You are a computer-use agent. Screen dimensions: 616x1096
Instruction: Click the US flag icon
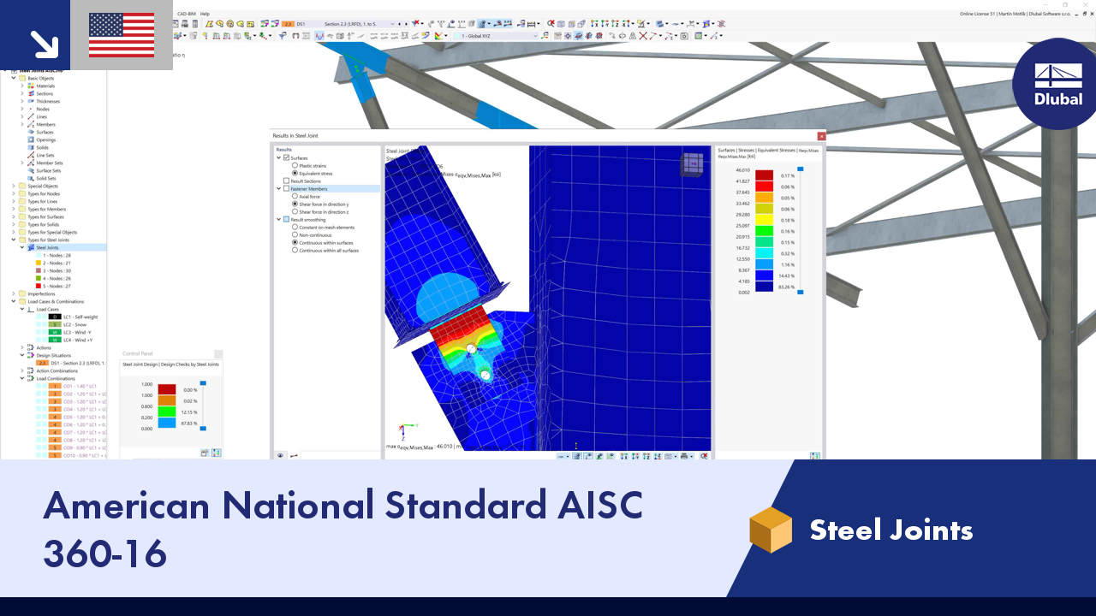coord(122,35)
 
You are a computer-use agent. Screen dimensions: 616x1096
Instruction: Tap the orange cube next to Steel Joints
coord(771,530)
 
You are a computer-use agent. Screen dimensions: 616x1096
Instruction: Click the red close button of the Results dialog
coord(821,135)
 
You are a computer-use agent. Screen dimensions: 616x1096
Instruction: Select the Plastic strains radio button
coord(295,165)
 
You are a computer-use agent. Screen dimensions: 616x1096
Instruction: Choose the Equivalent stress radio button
coord(295,173)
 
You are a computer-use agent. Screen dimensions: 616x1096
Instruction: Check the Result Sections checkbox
coord(287,181)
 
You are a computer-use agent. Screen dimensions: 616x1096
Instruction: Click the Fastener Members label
coord(309,188)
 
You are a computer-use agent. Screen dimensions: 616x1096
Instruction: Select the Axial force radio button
coord(295,197)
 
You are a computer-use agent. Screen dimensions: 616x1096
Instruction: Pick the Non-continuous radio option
coord(295,235)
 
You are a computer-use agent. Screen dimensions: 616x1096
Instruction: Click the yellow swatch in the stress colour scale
coord(764,219)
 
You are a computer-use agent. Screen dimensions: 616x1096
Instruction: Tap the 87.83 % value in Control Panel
coord(189,423)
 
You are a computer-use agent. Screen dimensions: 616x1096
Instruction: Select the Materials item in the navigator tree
coord(45,86)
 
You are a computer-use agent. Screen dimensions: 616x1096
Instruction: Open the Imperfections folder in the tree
coord(41,293)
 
